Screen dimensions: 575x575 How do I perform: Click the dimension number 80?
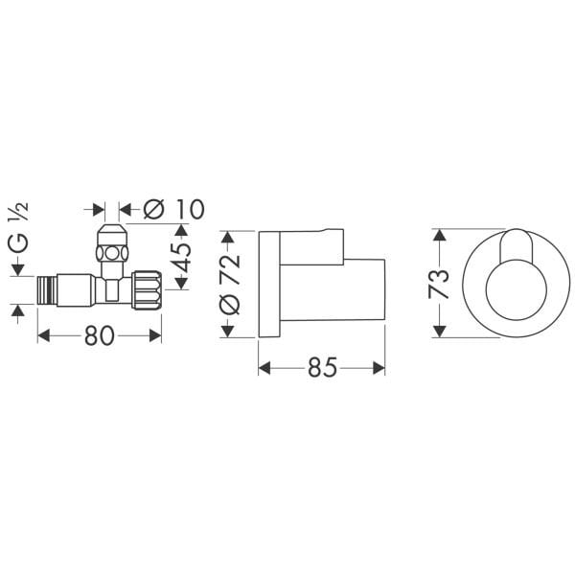(x=99, y=336)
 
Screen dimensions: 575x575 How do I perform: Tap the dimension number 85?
(x=324, y=367)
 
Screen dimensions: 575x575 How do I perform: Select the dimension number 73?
(x=440, y=283)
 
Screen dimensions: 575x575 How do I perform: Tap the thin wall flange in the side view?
(x=269, y=283)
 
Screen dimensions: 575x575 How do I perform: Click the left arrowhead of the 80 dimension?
(x=41, y=334)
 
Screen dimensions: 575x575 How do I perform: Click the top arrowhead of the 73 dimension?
(x=439, y=232)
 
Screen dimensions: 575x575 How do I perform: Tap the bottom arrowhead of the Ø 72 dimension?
(x=228, y=333)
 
